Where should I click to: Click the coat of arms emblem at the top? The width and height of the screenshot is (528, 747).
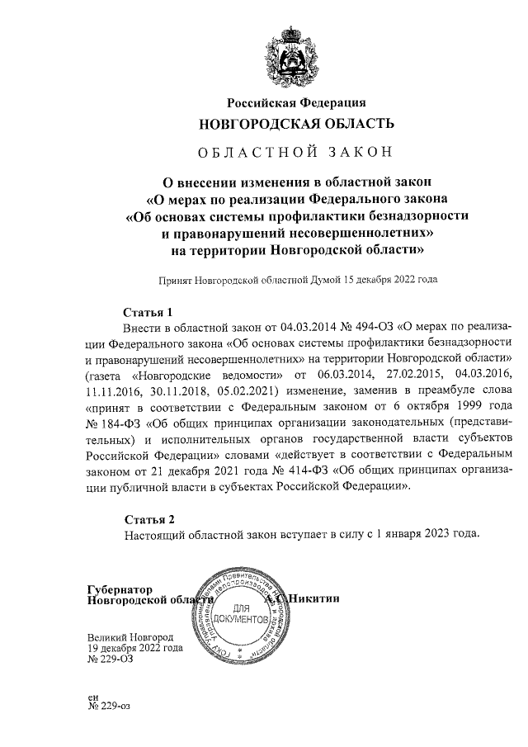296,56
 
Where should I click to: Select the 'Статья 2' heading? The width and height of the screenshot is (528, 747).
149,519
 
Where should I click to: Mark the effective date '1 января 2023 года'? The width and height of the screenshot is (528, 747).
422,534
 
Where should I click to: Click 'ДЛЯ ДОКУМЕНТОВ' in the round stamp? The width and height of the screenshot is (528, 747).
240,613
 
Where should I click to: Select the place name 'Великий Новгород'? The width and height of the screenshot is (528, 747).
130,638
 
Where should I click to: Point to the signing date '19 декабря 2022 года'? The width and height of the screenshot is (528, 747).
135,649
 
